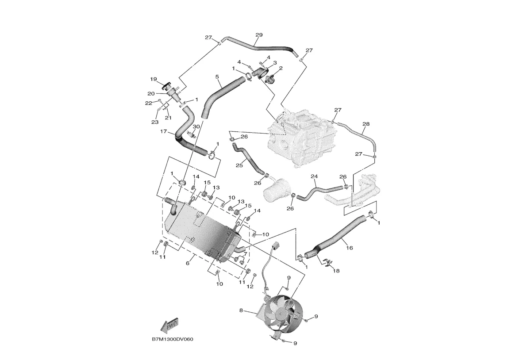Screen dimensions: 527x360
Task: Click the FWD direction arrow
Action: pyautogui.click(x=170, y=324)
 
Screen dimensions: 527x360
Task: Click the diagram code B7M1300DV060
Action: pyautogui.click(x=173, y=339)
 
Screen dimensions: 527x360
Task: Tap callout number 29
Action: pyautogui.click(x=259, y=35)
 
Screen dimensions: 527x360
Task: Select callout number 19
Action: pyautogui.click(x=153, y=79)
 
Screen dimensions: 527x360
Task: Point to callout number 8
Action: pyautogui.click(x=241, y=310)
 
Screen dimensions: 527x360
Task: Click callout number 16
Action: pyautogui.click(x=350, y=248)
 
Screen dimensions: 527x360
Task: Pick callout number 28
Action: pyautogui.click(x=366, y=124)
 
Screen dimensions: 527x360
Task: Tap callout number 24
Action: pyautogui.click(x=314, y=176)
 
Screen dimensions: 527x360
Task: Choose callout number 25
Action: pyautogui.click(x=239, y=165)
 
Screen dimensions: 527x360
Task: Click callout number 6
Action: pyautogui.click(x=188, y=263)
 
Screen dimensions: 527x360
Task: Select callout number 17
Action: pyautogui.click(x=163, y=132)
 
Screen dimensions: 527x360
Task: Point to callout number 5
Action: pyautogui.click(x=217, y=77)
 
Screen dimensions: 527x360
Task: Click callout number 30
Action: pyautogui.click(x=196, y=126)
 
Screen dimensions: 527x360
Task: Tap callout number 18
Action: pyautogui.click(x=336, y=271)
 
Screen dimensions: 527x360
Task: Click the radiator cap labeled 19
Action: pyautogui.click(x=167, y=87)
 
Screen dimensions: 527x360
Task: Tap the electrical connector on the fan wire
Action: pyautogui.click(x=277, y=245)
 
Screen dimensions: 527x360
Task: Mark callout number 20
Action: pyautogui.click(x=151, y=94)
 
